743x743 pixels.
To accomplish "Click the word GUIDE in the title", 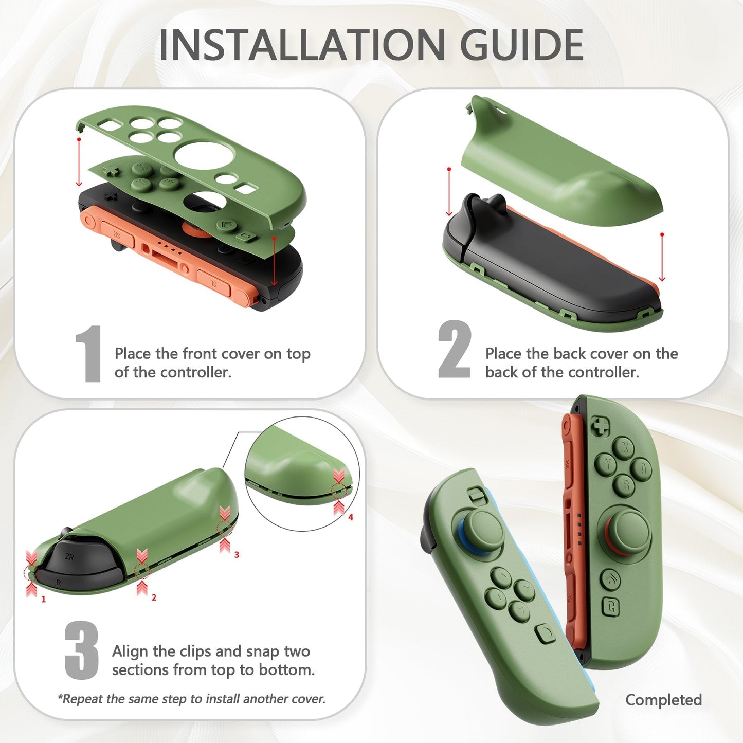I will [x=521, y=45].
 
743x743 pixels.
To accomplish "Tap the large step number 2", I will [x=454, y=350].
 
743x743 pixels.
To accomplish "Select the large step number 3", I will [x=82, y=650].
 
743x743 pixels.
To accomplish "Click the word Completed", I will [x=663, y=700].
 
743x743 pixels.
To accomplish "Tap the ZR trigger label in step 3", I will [x=69, y=557].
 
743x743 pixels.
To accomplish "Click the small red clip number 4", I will [x=351, y=517].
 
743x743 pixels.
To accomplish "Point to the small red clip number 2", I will [x=154, y=597].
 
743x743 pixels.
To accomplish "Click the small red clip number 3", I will [x=237, y=555].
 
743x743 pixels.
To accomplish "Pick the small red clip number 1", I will [x=44, y=599].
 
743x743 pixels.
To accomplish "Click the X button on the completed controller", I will [x=624, y=447].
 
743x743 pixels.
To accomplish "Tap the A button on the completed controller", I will [x=642, y=468].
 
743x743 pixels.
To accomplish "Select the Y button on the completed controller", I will [x=607, y=464].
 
